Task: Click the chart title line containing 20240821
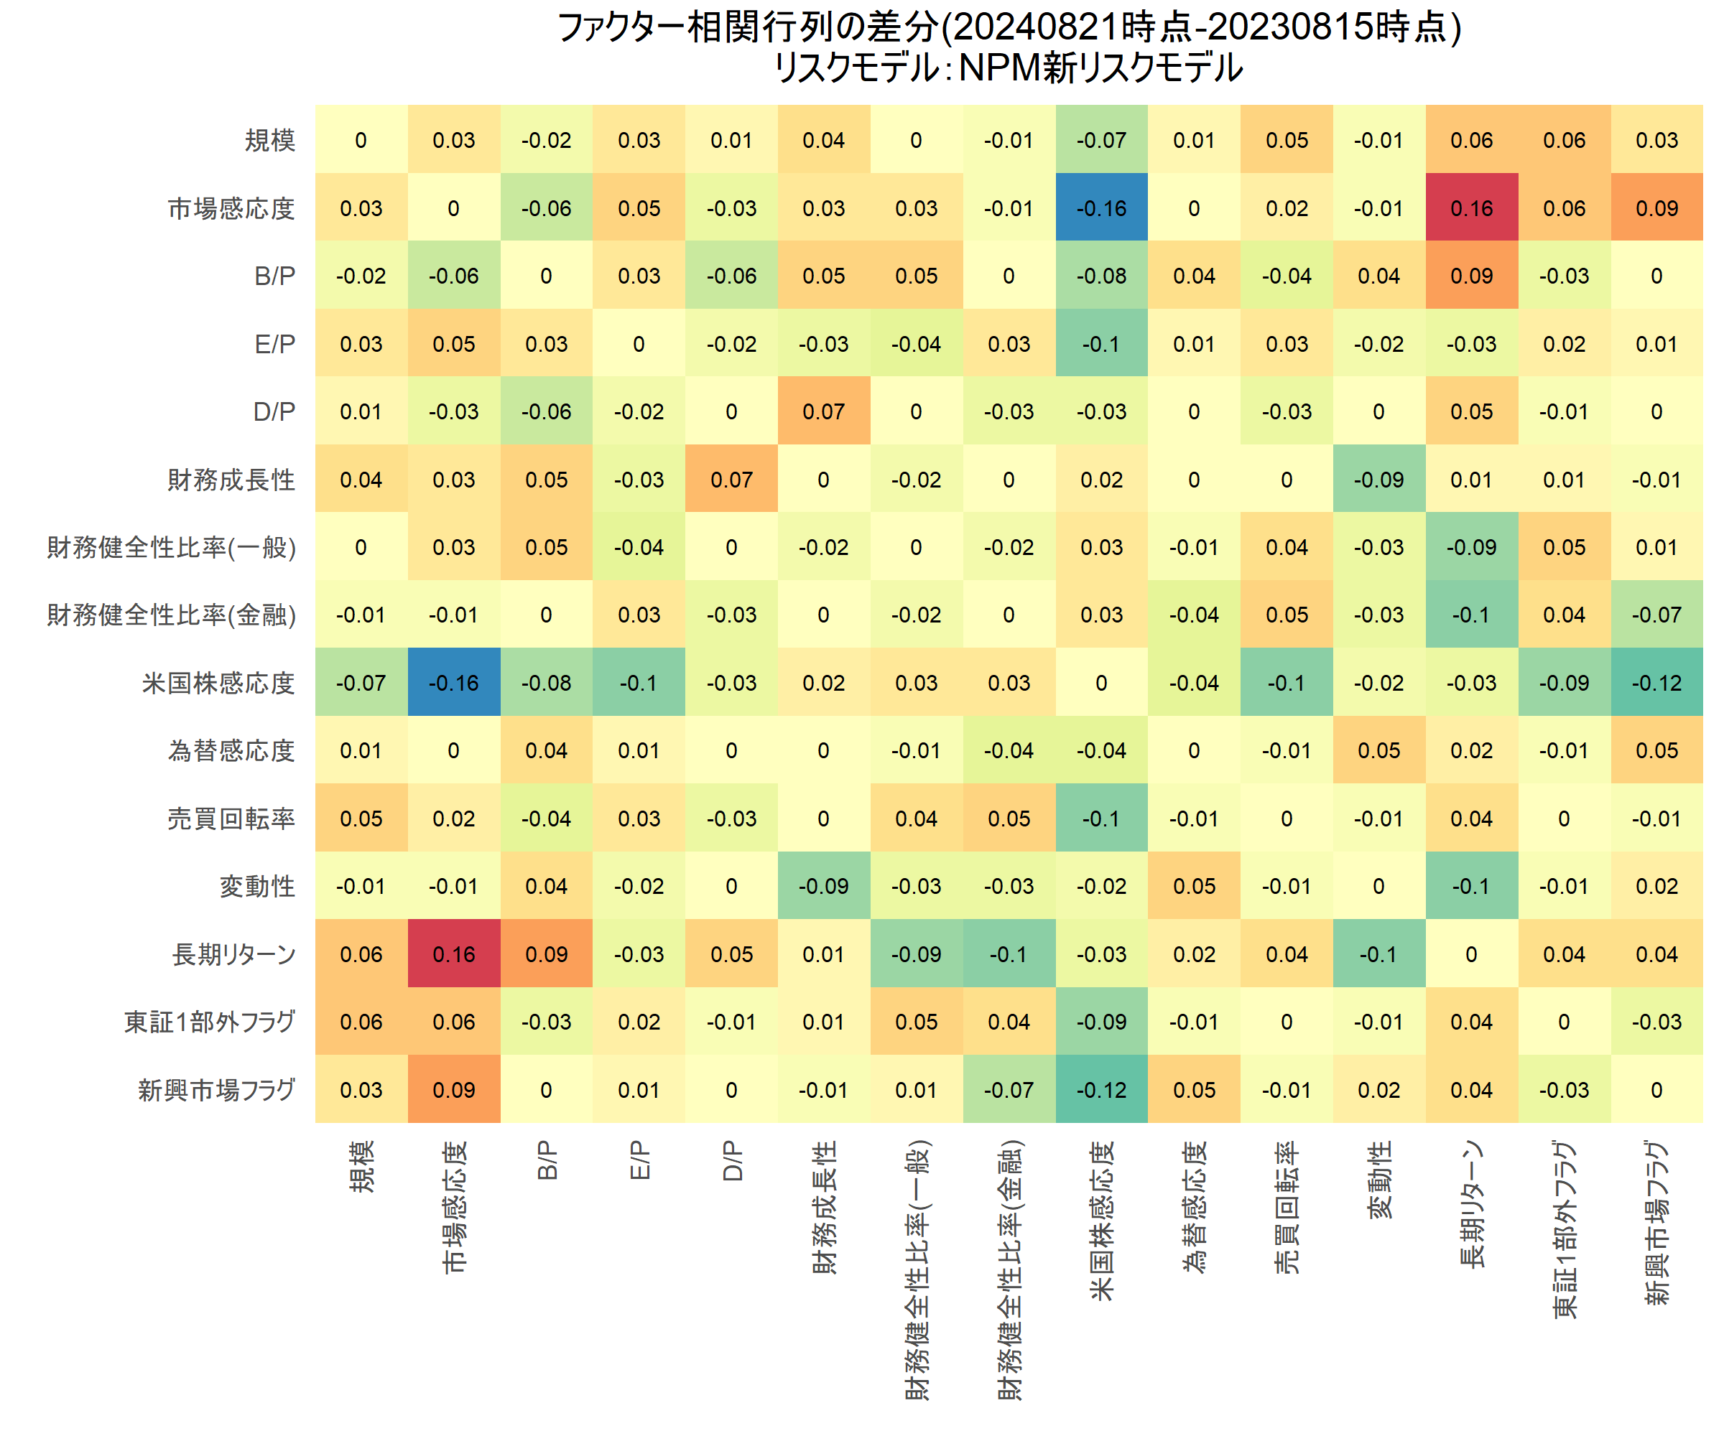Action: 1009,27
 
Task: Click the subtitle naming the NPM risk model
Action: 1009,68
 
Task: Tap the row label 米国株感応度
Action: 218,683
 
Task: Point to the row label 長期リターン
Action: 234,954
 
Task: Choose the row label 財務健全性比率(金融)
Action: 172,615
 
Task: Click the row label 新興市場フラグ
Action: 217,1090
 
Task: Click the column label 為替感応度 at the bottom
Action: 1195,1206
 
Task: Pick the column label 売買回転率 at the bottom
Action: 1287,1206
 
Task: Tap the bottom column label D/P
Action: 731,1161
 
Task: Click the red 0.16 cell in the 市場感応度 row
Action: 1471,208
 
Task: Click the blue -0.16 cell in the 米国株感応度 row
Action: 454,683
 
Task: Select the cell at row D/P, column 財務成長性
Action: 823,411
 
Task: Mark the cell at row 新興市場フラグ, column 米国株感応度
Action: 1101,1090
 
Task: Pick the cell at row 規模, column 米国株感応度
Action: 1101,140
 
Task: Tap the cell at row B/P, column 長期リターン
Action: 1471,276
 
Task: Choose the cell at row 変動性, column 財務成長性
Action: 823,886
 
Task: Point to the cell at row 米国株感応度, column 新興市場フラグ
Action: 1656,683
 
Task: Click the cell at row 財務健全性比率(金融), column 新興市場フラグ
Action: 1656,615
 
